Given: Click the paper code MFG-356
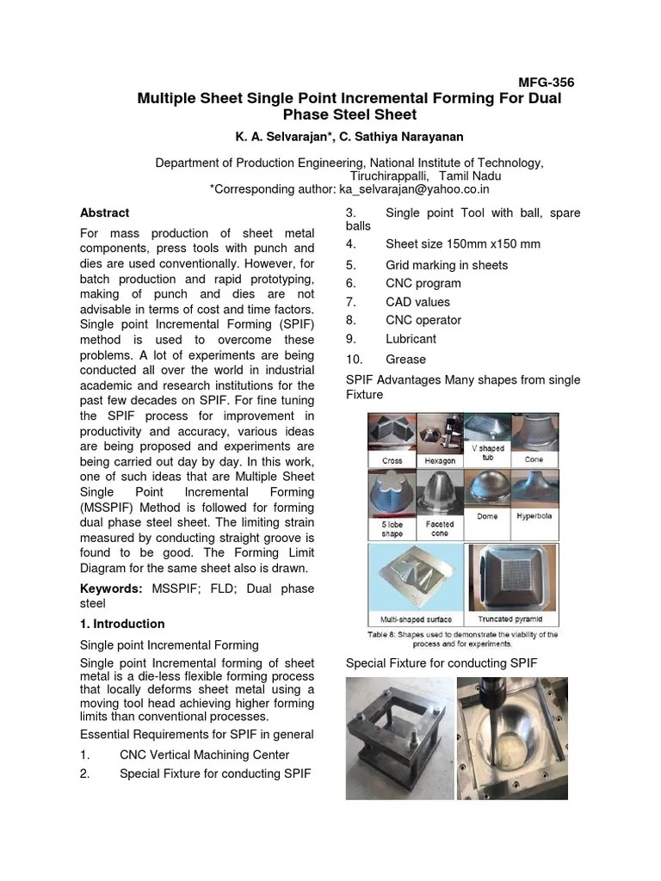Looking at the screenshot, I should pos(546,83).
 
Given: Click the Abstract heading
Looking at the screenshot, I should pos(104,213).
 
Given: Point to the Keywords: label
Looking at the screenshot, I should pos(111,588).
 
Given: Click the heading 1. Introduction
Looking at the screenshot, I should pos(121,624).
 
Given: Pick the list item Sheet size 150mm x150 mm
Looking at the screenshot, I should pos(462,244).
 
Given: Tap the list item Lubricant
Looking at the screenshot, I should pos(411,339).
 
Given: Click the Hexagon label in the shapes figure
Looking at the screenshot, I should pos(440,460).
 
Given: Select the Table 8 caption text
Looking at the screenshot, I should pos(463,638).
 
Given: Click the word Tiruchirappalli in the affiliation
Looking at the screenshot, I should pos(389,176).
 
